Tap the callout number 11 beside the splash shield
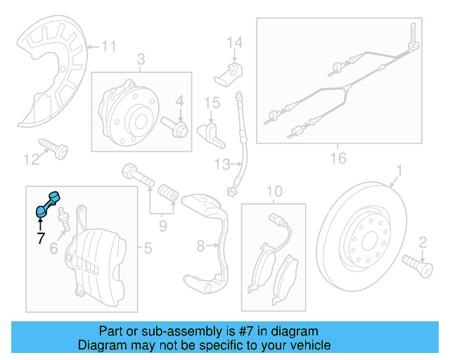(x=108, y=47)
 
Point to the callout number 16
(x=337, y=158)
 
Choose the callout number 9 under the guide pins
(x=162, y=226)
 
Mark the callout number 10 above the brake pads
(x=274, y=191)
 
